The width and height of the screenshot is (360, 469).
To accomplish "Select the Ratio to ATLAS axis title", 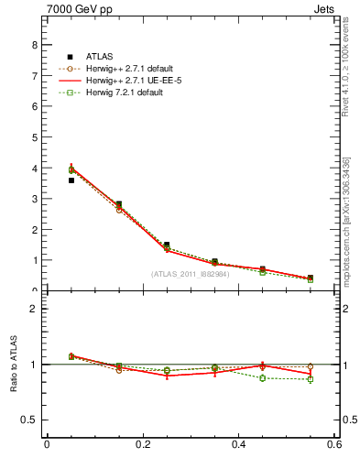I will [14, 365].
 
